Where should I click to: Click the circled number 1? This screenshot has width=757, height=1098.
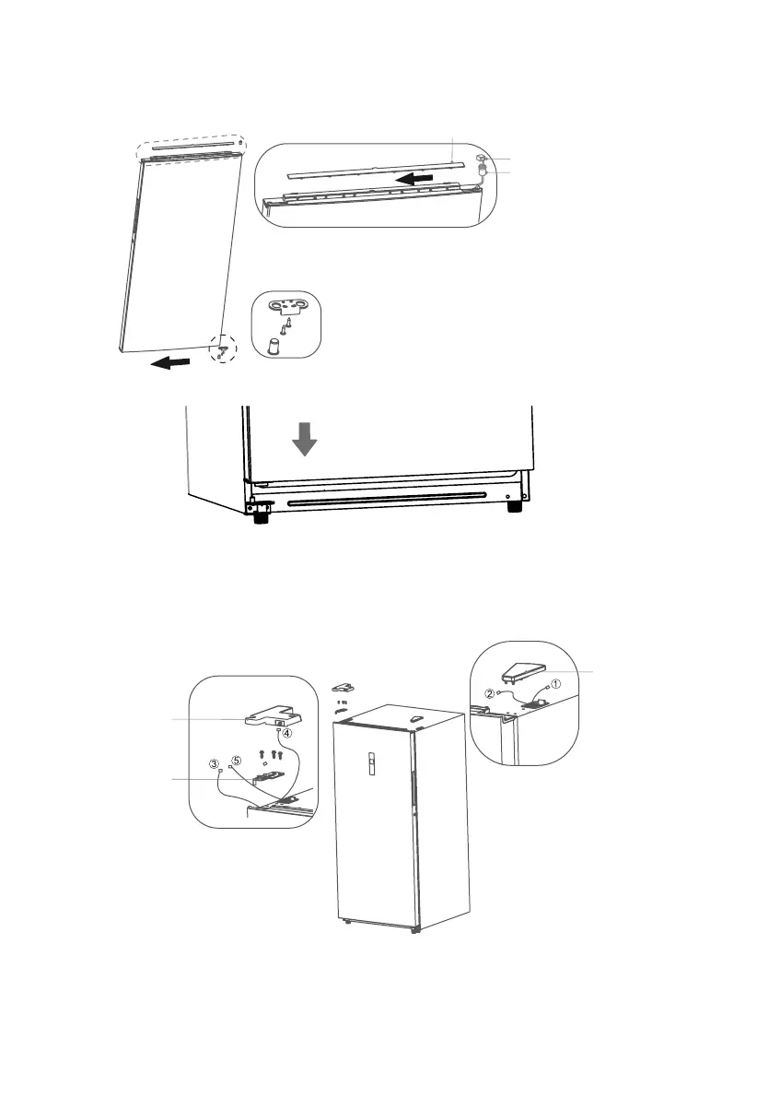tap(554, 684)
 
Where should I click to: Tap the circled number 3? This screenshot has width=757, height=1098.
tap(215, 763)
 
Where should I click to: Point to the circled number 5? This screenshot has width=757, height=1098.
tap(236, 761)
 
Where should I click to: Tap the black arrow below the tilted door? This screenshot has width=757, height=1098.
tap(172, 362)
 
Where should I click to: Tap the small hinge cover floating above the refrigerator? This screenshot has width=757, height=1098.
tap(344, 687)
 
